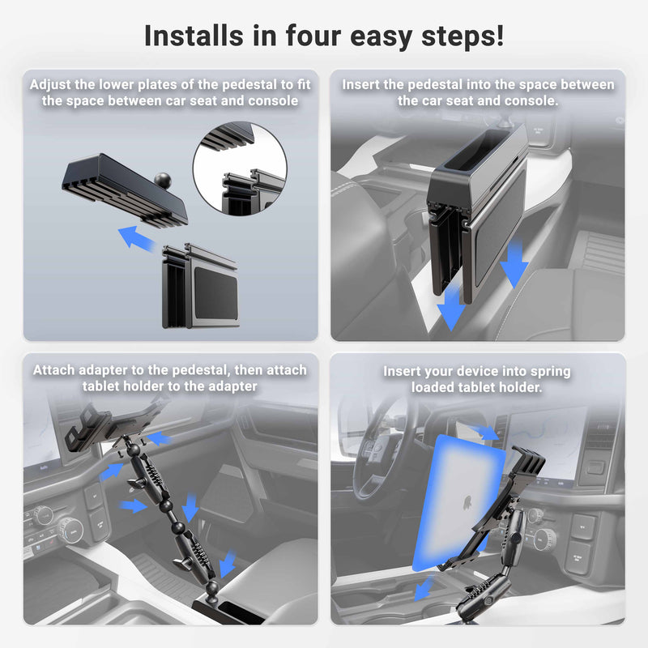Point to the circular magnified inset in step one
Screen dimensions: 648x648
pos(240,168)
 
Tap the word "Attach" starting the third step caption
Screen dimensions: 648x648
pos(55,370)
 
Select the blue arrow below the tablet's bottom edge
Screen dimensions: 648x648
pos(423,589)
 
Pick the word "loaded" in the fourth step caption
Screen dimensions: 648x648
pos(437,387)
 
